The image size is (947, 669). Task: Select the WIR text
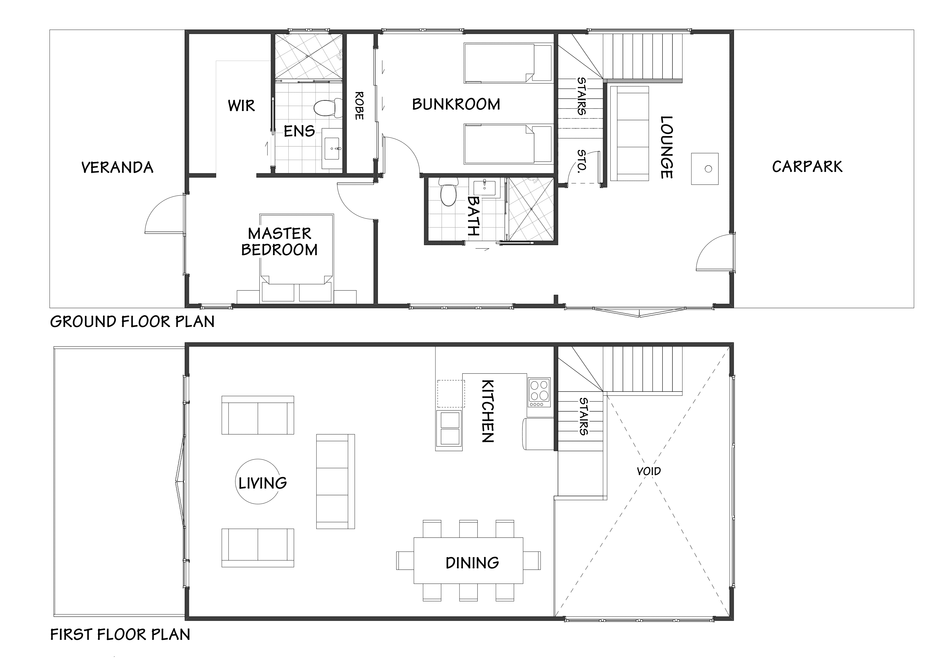point(241,106)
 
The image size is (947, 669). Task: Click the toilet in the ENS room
point(328,108)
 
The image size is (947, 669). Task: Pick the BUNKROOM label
point(456,104)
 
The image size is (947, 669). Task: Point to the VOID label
point(648,471)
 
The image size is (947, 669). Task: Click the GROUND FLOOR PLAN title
point(132,321)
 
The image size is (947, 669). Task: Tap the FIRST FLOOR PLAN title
point(120,634)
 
